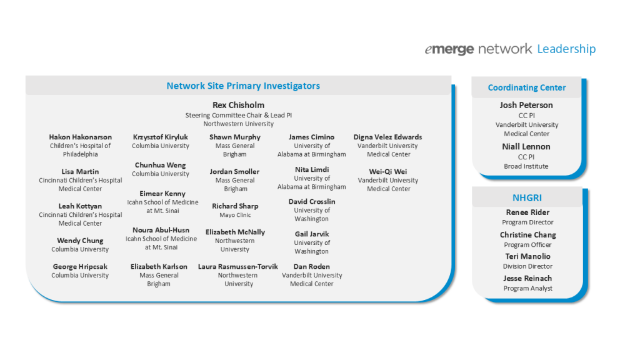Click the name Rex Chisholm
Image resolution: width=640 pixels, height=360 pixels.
click(x=238, y=105)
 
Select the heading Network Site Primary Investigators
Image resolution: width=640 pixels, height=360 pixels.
click(x=243, y=86)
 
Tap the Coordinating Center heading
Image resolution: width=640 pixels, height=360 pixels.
click(x=526, y=87)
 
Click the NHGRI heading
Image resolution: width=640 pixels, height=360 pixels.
click(x=527, y=197)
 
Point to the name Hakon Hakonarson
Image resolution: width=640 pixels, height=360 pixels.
click(x=81, y=137)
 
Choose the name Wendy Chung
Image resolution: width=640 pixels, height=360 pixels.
click(x=80, y=241)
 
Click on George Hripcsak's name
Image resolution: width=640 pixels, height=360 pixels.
click(x=80, y=266)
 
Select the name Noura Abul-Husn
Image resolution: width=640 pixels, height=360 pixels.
click(x=161, y=230)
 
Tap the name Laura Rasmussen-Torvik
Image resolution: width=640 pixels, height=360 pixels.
click(x=238, y=266)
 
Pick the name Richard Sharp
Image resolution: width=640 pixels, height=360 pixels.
click(x=235, y=206)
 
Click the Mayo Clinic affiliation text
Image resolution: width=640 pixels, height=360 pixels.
click(x=235, y=215)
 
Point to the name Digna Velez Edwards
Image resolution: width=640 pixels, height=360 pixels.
click(x=387, y=137)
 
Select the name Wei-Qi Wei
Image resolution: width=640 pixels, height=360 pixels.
click(x=387, y=171)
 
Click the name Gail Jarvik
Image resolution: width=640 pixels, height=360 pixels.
click(x=312, y=234)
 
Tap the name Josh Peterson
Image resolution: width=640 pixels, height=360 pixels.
click(x=526, y=105)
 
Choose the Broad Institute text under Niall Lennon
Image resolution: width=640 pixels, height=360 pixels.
click(x=526, y=166)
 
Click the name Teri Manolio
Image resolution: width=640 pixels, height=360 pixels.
click(x=527, y=256)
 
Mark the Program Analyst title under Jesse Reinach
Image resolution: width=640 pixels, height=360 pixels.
click(x=527, y=288)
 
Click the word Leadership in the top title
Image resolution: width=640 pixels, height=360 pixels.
click(x=566, y=49)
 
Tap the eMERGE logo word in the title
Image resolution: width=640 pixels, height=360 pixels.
click(x=449, y=49)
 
